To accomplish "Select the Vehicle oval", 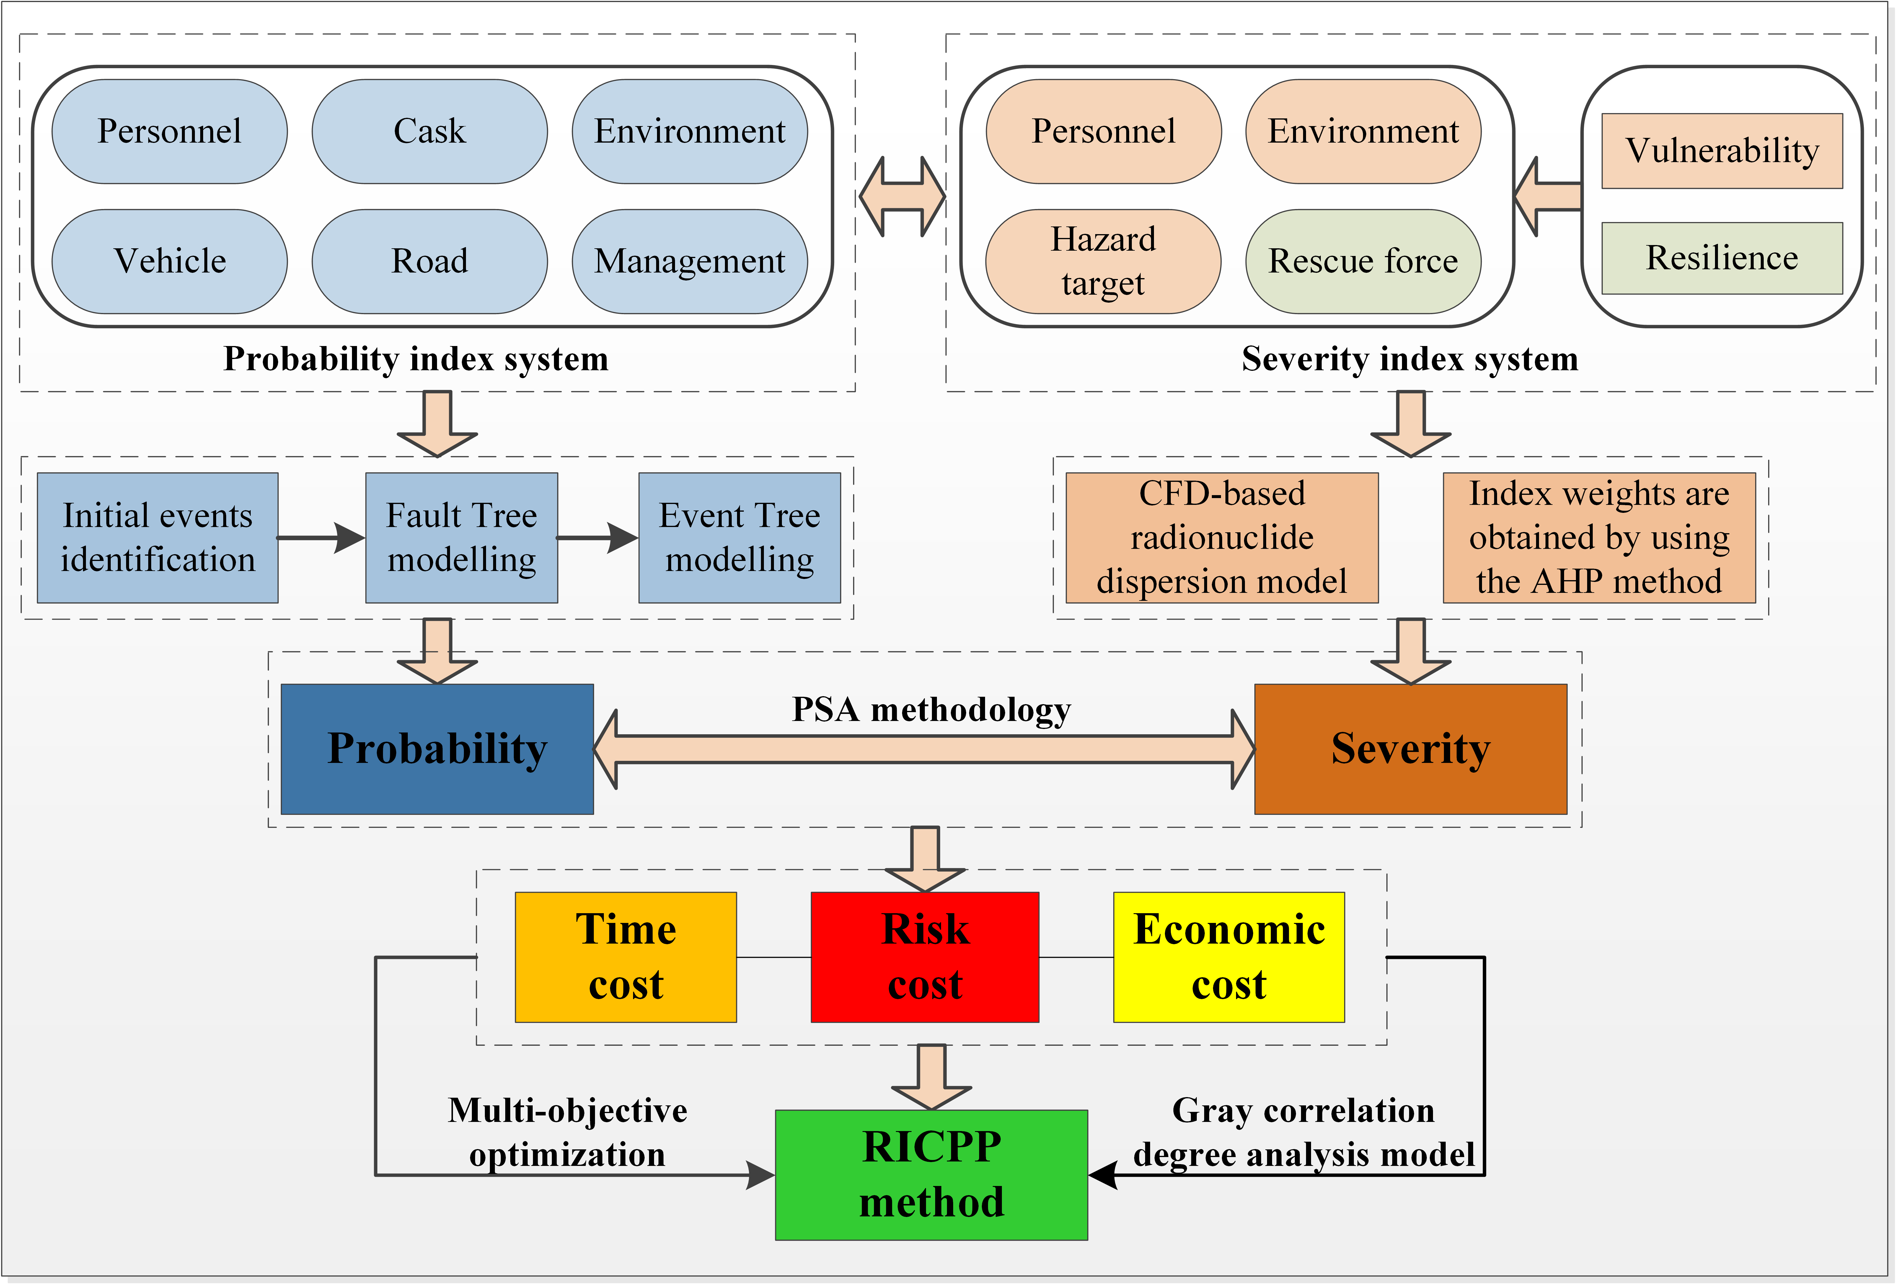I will click(x=170, y=261).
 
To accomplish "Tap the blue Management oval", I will click(x=689, y=261).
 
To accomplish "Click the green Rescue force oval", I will click(x=1362, y=261).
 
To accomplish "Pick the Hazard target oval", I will click(x=1103, y=261).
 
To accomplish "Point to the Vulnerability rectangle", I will click(x=1721, y=151).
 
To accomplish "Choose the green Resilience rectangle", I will click(x=1721, y=258).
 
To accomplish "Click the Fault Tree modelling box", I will click(x=462, y=538).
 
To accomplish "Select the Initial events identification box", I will click(x=157, y=538).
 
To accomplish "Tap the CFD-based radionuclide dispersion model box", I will click(x=1221, y=538).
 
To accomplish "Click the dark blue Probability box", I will click(x=437, y=749).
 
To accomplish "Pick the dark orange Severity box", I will click(x=1410, y=749).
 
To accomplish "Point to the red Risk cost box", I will click(x=925, y=957).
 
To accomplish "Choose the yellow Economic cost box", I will click(x=1229, y=957).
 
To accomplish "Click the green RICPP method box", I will click(x=931, y=1175).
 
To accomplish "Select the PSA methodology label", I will click(x=931, y=710).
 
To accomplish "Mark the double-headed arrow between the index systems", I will click(x=902, y=197).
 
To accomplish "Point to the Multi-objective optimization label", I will click(x=568, y=1132).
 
